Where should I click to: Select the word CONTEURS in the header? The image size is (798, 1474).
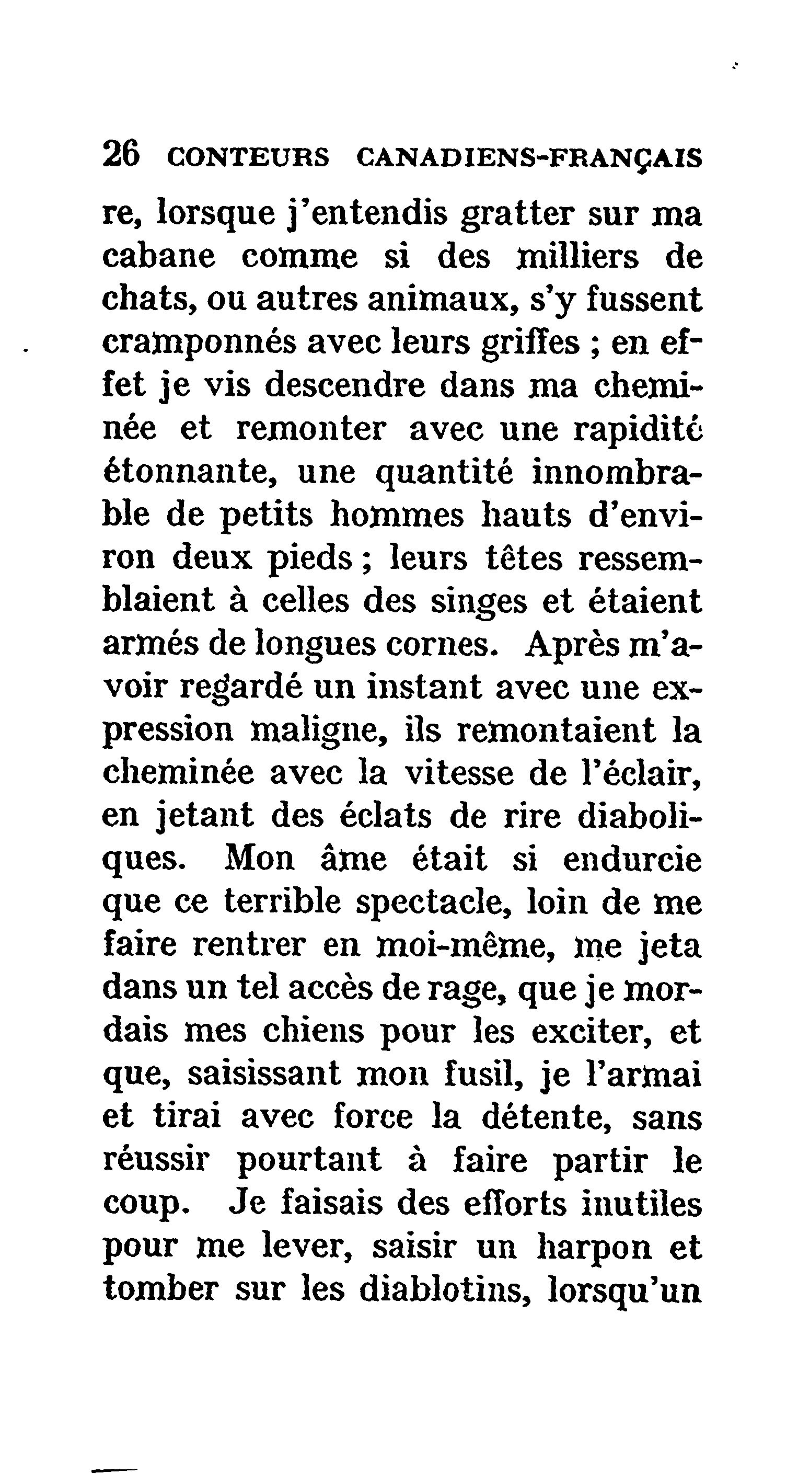(248, 157)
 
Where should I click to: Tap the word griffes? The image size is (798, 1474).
(530, 345)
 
